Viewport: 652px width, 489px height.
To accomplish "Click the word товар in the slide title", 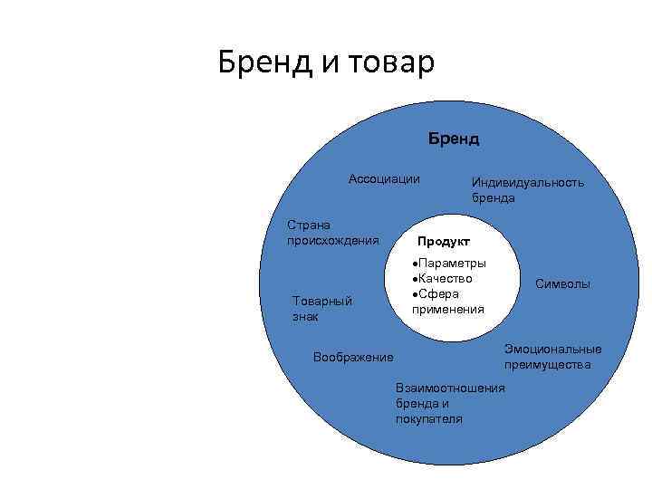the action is pos(386,63).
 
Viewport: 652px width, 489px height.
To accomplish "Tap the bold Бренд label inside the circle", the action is pos(454,139).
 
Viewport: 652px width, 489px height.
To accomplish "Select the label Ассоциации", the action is pos(384,178).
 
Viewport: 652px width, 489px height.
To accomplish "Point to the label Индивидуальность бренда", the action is pos(527,189).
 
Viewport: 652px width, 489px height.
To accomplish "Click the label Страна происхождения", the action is pos(331,232).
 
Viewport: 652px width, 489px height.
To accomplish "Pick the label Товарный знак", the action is pos(321,309).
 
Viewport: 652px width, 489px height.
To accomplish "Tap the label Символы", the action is pos(562,283).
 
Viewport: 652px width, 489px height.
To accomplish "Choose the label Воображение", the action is pos(352,357).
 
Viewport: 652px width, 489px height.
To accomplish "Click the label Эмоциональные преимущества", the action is pos(552,357).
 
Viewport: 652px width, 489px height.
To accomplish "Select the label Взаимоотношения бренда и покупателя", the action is pos(450,403).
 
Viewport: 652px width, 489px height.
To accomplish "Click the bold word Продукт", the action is pos(443,242).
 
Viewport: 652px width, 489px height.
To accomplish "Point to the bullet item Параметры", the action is pos(452,263).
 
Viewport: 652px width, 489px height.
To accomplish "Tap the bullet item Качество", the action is pos(446,278).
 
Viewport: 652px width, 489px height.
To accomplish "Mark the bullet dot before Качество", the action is pos(413,279).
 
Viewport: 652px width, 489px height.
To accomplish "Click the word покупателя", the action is pos(428,419).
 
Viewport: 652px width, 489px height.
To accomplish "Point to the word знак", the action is pos(306,317).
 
